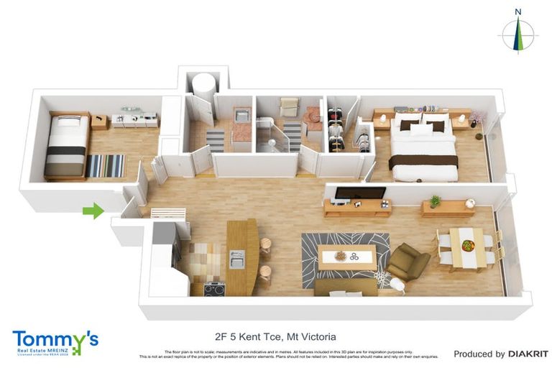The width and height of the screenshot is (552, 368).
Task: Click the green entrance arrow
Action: click(x=93, y=211)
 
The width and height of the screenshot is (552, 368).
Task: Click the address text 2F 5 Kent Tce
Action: click(x=247, y=336)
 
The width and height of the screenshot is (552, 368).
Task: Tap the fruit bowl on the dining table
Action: click(x=468, y=246)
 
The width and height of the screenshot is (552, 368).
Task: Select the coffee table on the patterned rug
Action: click(x=346, y=257)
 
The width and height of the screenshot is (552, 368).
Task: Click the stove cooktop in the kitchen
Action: click(x=214, y=289)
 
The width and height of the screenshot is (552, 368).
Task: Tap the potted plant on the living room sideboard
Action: click(x=435, y=201)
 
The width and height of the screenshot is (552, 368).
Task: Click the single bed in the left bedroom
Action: click(x=66, y=146)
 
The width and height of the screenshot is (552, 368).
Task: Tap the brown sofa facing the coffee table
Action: click(x=346, y=287)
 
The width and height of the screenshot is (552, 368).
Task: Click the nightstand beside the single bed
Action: click(x=99, y=122)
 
